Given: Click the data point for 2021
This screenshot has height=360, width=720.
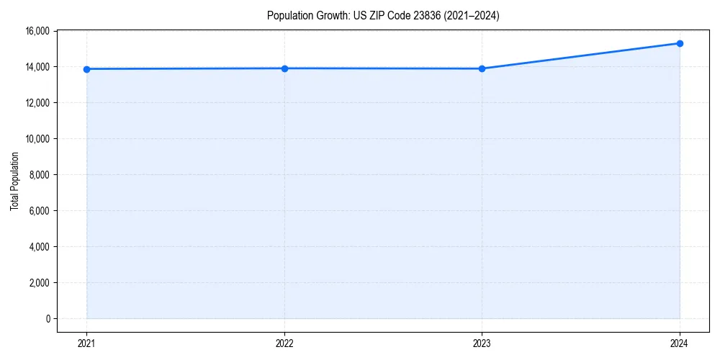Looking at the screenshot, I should point(87,69).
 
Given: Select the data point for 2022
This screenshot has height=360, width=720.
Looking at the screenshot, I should point(284,68).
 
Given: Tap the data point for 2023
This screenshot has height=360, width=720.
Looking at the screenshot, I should point(482,68).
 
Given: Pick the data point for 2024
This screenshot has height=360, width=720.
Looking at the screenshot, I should point(680,43).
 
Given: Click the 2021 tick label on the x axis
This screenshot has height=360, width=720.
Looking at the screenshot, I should point(87,343).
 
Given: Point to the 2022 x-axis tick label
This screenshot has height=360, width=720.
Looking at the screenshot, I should point(284,343).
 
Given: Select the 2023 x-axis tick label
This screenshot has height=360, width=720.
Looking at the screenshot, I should point(482,343).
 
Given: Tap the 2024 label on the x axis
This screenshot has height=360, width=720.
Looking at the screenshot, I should point(680,343).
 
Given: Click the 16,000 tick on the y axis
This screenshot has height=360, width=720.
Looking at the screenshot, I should point(37,31).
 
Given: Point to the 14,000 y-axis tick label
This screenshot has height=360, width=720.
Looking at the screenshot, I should point(37,67).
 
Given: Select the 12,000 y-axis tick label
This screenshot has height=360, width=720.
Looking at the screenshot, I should point(37,103).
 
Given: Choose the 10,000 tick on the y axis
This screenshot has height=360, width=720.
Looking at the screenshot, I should point(37,139).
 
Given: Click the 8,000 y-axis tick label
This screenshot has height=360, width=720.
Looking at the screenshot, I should point(39,175).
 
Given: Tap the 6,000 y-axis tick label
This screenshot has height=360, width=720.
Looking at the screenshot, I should point(39,211).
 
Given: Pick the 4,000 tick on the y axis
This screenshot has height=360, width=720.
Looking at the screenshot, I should point(39,247).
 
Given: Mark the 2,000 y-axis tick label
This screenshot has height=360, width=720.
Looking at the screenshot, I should point(39,283).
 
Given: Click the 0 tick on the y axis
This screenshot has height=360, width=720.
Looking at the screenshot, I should point(48,319).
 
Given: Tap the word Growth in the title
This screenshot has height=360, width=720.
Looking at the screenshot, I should point(330,15).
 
